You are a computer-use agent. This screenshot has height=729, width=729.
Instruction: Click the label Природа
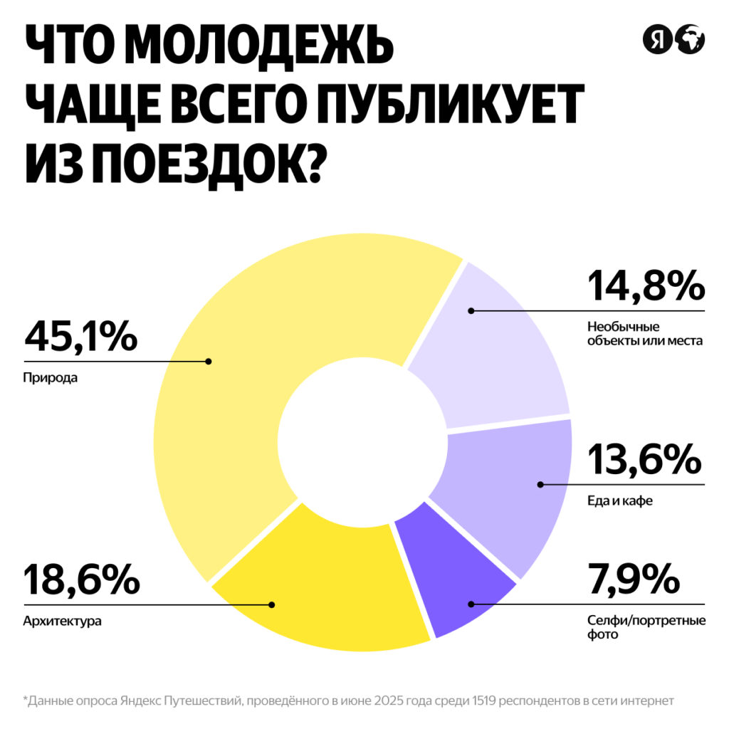click(x=50, y=378)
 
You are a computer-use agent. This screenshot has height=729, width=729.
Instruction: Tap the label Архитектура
click(x=63, y=622)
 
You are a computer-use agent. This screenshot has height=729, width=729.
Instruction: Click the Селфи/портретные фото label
click(x=646, y=627)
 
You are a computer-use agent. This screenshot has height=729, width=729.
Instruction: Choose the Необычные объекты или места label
click(x=644, y=334)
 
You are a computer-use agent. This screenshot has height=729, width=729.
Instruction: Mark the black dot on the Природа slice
click(x=209, y=361)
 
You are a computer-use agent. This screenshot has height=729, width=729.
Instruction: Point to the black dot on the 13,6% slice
click(x=540, y=485)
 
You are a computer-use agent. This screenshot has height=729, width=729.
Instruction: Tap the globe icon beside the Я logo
click(x=690, y=40)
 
